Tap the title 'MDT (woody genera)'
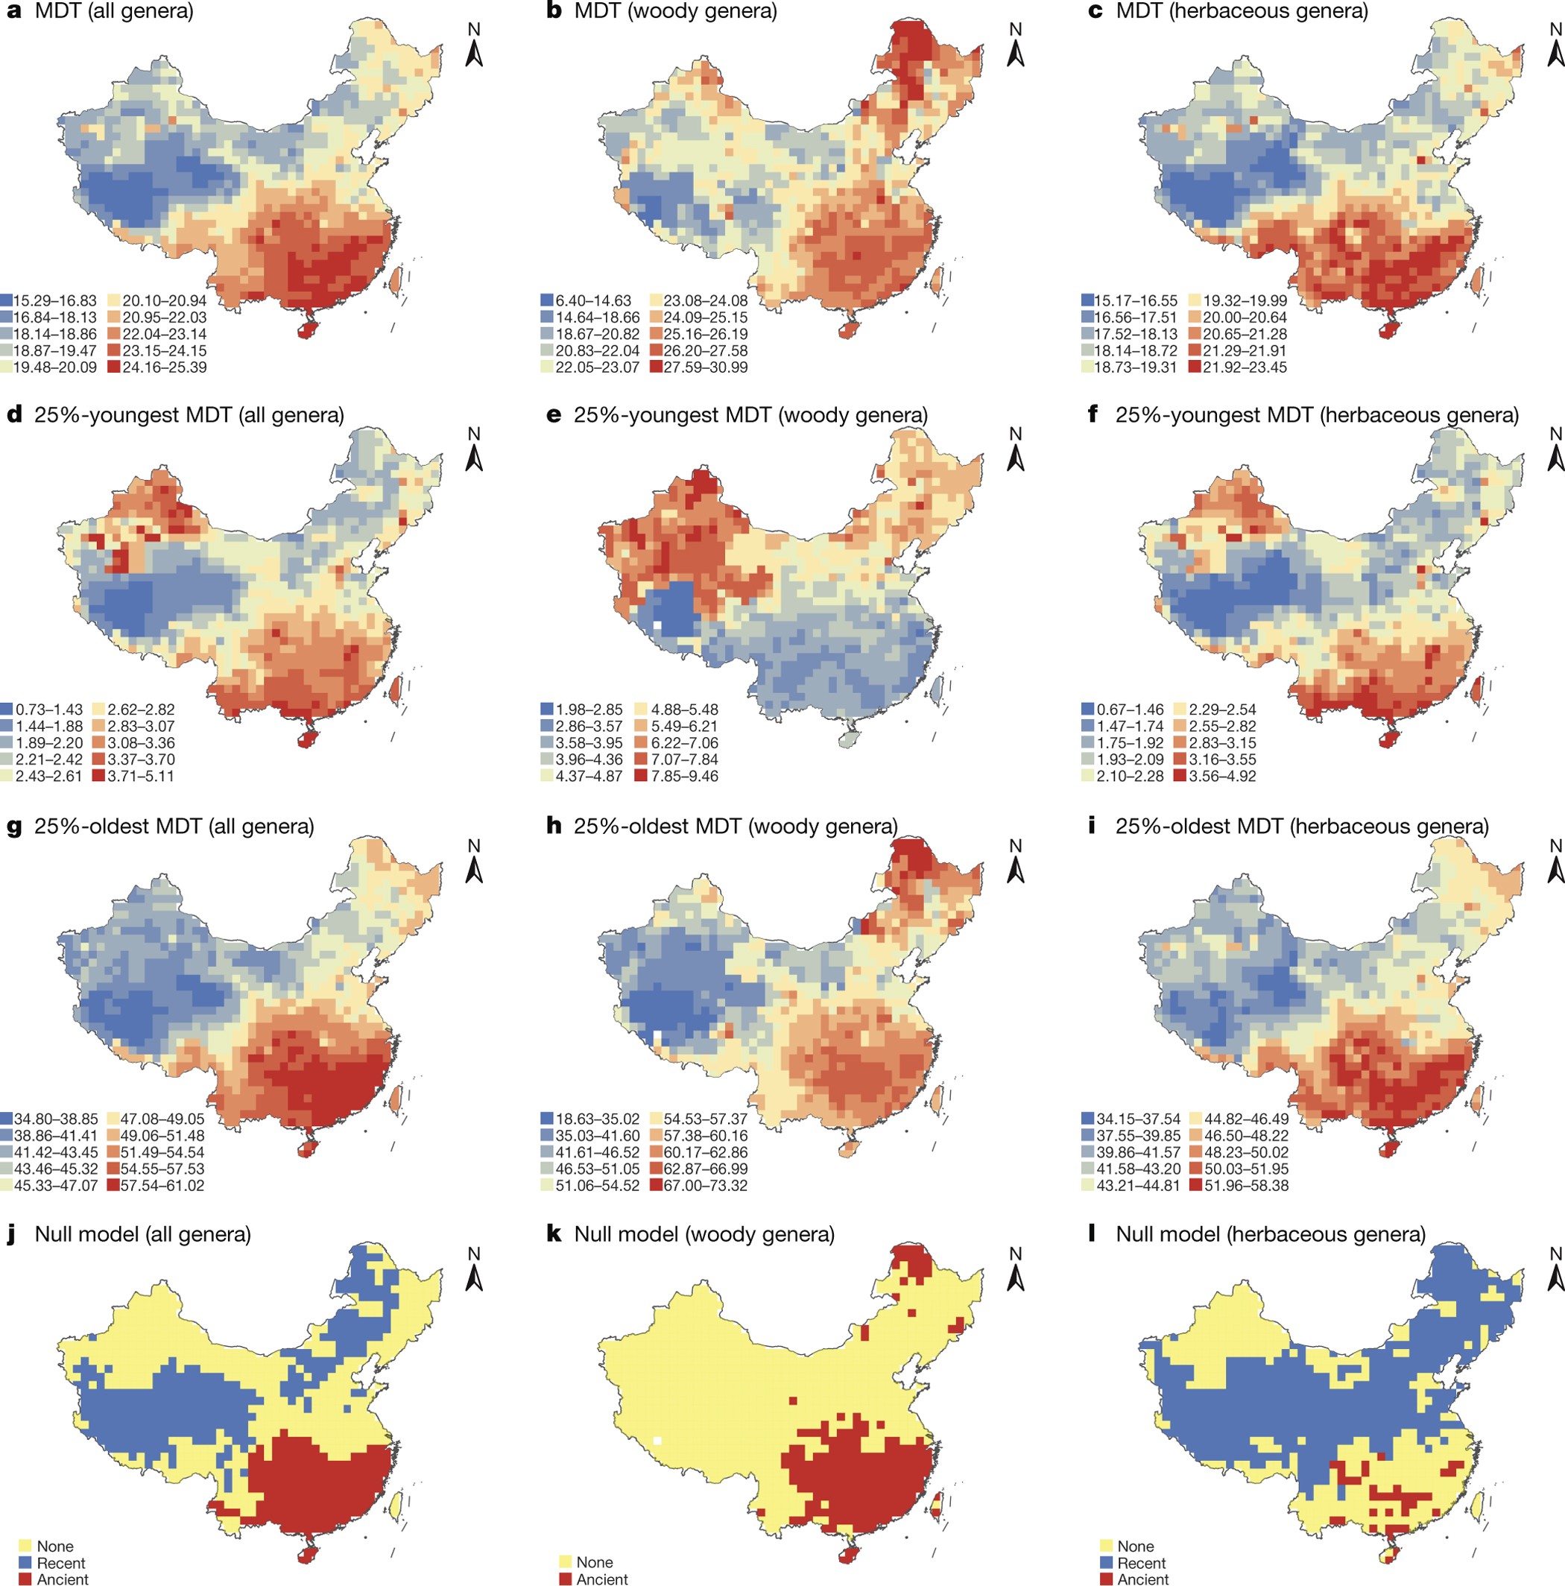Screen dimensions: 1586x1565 [674, 11]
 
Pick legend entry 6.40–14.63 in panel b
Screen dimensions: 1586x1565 [586, 301]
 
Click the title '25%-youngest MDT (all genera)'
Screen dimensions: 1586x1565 [189, 415]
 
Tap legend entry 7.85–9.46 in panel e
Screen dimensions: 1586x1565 [677, 776]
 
